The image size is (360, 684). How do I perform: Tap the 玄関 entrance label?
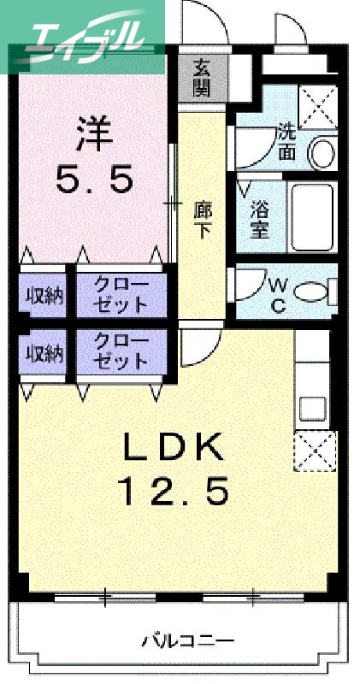(202, 77)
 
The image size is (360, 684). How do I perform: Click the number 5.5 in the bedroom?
(95, 180)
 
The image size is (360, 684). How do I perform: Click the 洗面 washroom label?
(286, 143)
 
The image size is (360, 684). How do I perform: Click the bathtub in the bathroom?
(314, 217)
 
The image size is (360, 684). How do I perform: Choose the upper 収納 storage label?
(43, 296)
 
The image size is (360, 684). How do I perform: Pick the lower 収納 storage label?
(43, 353)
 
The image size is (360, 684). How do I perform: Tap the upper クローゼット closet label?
(120, 295)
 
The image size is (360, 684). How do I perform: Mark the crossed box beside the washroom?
(319, 107)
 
